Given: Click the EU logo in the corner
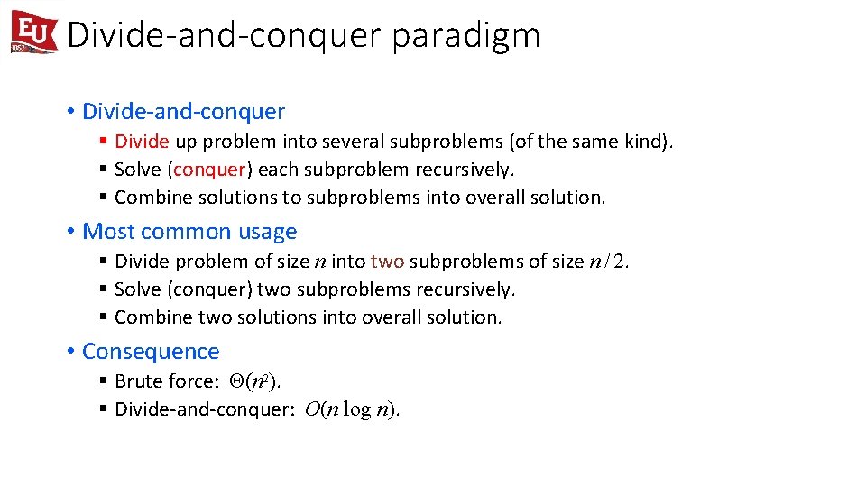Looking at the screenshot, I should (33, 33).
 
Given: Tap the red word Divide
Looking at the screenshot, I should (142, 142).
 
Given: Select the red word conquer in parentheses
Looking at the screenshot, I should (209, 170).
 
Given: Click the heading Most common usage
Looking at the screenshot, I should (189, 232).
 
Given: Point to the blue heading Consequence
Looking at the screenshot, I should (151, 352).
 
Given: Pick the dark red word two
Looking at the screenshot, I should (387, 262).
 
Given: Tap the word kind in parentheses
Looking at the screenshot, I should (648, 142).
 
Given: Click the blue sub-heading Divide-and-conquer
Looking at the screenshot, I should (183, 112).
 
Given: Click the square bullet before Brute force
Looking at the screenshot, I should (105, 381).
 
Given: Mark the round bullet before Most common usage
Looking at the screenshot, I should (70, 232).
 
